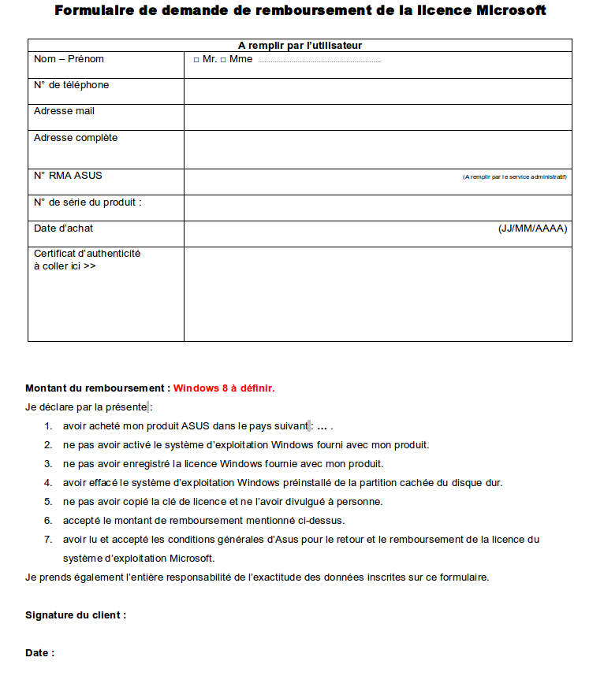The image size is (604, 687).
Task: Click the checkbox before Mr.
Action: pyautogui.click(x=196, y=60)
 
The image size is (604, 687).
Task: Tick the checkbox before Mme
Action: pyautogui.click(x=223, y=60)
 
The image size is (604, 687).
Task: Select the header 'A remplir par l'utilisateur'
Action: pyautogui.click(x=300, y=46)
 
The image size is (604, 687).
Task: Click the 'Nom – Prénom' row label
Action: pyautogui.click(x=69, y=59)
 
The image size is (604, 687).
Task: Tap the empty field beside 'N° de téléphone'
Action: pyautogui.click(x=378, y=91)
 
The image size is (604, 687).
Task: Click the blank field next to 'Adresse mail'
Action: pyautogui.click(x=378, y=117)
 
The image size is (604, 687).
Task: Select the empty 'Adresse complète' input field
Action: pyautogui.click(x=378, y=150)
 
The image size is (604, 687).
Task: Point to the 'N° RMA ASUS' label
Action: pyautogui.click(x=68, y=176)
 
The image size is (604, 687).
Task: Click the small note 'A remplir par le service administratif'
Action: pyautogui.click(x=514, y=177)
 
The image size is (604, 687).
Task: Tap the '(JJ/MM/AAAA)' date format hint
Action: pyautogui.click(x=532, y=228)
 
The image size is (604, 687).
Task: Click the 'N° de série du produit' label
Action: pyautogui.click(x=88, y=202)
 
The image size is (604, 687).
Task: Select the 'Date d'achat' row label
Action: pyautogui.click(x=63, y=228)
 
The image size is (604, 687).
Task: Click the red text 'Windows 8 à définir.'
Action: pyautogui.click(x=224, y=388)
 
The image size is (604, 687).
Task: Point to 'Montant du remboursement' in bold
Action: pyautogui.click(x=97, y=388)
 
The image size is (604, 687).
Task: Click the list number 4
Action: pyautogui.click(x=48, y=483)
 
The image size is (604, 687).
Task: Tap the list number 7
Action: pyautogui.click(x=48, y=540)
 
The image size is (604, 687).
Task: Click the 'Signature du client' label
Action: pyautogui.click(x=76, y=615)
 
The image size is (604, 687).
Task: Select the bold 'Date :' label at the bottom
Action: pyautogui.click(x=40, y=653)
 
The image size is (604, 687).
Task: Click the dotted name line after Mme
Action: pyautogui.click(x=319, y=61)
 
